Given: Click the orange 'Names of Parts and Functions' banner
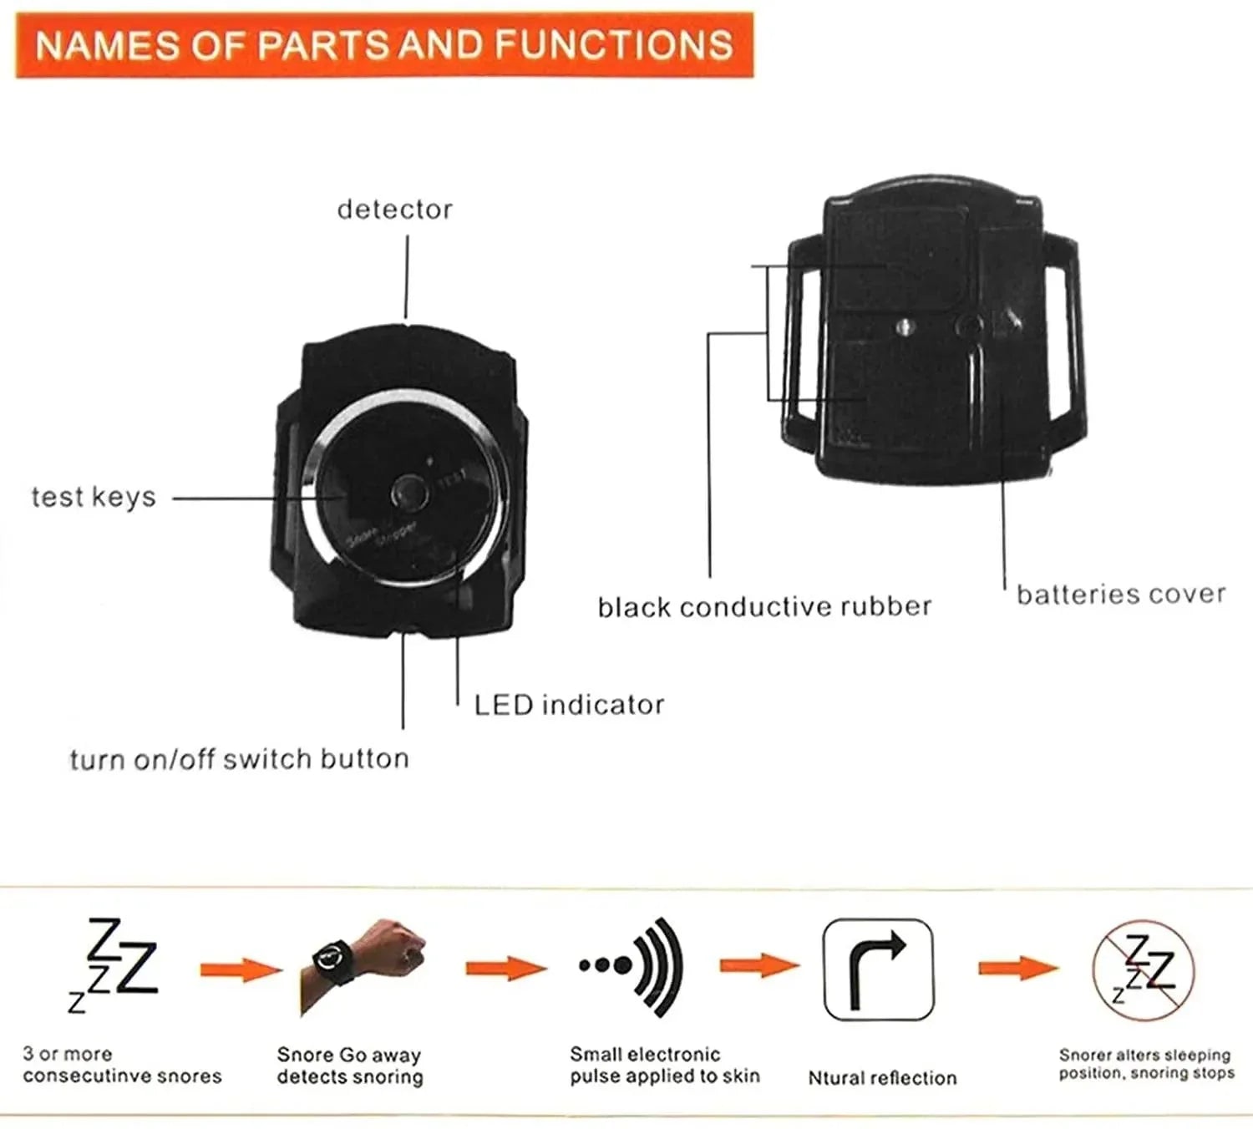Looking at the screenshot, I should coord(384,45).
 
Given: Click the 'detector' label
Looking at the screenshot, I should coord(394,210).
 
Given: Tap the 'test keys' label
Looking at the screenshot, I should coord(94,497).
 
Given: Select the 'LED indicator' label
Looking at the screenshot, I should coord(569,705).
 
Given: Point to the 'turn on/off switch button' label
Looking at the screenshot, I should coord(240,759).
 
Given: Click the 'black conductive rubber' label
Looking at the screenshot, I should coord(764,607).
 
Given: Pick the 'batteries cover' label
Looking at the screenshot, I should coord(1121,595).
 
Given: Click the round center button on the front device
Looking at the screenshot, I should coord(409,493).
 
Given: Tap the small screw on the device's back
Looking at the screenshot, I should coord(903,327).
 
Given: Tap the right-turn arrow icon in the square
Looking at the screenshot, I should coord(878,970).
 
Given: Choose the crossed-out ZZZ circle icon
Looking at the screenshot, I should coord(1144,970).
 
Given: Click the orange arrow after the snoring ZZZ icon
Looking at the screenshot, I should coord(241,970).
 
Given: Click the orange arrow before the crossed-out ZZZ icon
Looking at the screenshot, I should coord(1017,969).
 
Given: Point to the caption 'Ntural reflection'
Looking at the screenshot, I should coord(882,1078).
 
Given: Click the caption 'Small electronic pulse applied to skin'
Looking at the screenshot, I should coord(665,1066).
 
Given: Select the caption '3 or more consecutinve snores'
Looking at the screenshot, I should coord(122,1066).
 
